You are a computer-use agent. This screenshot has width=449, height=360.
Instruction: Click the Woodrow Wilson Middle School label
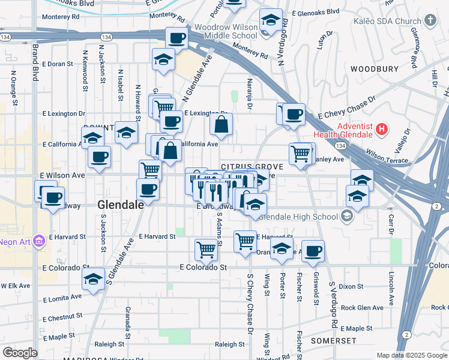tap(226, 31)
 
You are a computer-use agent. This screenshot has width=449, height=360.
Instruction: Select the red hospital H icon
tap(381, 128)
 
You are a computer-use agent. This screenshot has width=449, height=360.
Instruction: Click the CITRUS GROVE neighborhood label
tap(244, 166)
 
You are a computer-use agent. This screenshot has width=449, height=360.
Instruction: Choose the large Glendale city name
tap(120, 205)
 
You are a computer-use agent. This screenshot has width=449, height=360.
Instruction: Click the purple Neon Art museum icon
tap(40, 241)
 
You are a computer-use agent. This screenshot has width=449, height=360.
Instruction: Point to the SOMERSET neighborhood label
tap(333, 340)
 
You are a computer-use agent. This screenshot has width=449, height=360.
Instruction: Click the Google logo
tap(20, 353)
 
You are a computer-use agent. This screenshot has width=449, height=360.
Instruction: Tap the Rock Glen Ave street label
tap(361, 308)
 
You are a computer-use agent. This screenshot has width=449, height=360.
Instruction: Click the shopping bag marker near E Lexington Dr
tap(221, 125)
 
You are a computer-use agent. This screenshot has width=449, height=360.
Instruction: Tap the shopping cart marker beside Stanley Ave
tap(300, 153)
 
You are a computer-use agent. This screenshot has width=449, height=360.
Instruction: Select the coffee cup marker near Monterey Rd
tap(176, 39)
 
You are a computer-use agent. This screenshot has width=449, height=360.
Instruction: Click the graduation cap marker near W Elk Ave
tap(93, 280)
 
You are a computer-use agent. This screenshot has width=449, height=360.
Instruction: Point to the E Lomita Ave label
tap(62, 297)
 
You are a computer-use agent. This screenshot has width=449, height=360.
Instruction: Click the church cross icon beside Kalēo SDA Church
tap(430, 21)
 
